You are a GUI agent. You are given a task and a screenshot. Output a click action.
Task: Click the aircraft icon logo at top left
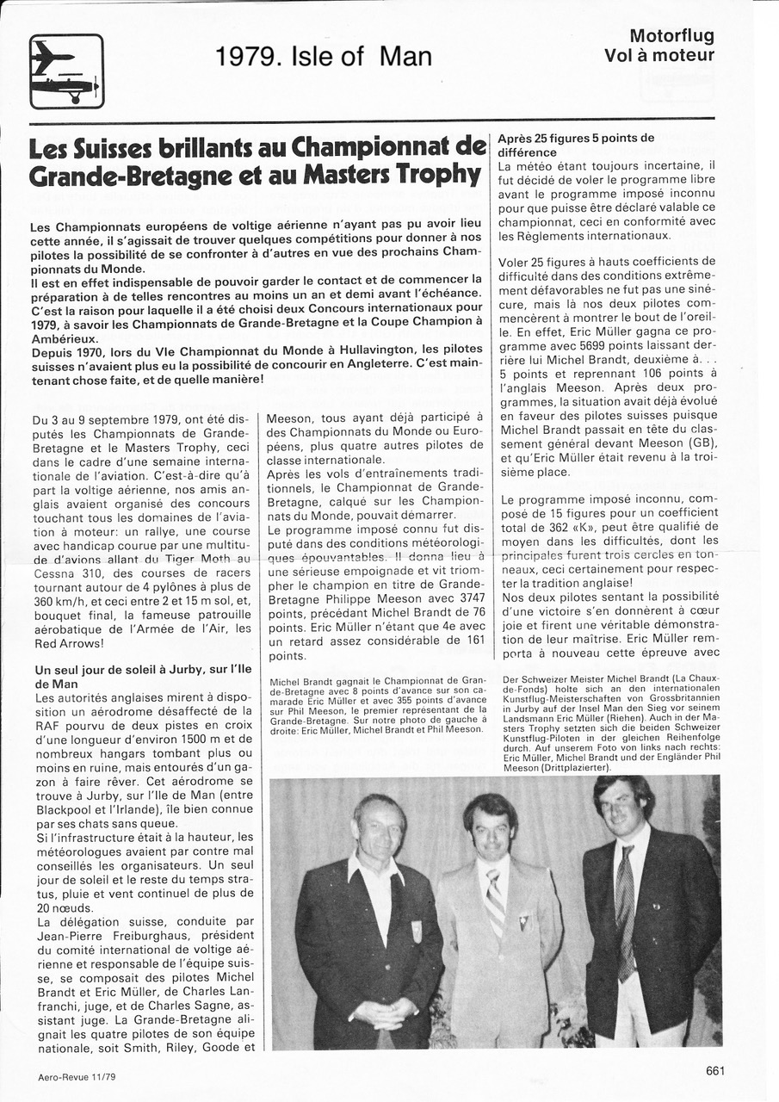[x=66, y=71]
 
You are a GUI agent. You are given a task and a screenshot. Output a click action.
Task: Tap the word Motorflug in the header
[x=671, y=36]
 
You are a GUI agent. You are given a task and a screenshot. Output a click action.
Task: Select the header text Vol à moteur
[x=658, y=56]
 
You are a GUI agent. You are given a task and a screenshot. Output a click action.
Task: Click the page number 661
[x=715, y=1070]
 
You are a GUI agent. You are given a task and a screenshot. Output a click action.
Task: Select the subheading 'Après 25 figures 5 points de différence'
[x=575, y=145]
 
